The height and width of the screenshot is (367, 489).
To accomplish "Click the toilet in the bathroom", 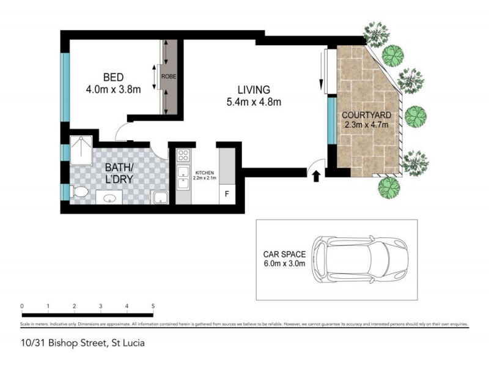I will click(79, 192).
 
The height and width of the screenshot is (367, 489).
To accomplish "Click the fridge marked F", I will click(227, 195).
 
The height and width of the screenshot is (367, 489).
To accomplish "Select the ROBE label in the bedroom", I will click(169, 76).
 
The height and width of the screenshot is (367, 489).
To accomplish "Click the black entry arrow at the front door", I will click(316, 177).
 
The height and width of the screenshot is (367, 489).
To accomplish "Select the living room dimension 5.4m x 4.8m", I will click(254, 102).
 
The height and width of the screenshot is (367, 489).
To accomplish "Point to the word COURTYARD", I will click(366, 115).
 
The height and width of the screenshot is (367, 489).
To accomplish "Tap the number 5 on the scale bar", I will click(153, 306).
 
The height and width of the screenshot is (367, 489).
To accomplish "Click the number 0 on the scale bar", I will click(21, 306).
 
